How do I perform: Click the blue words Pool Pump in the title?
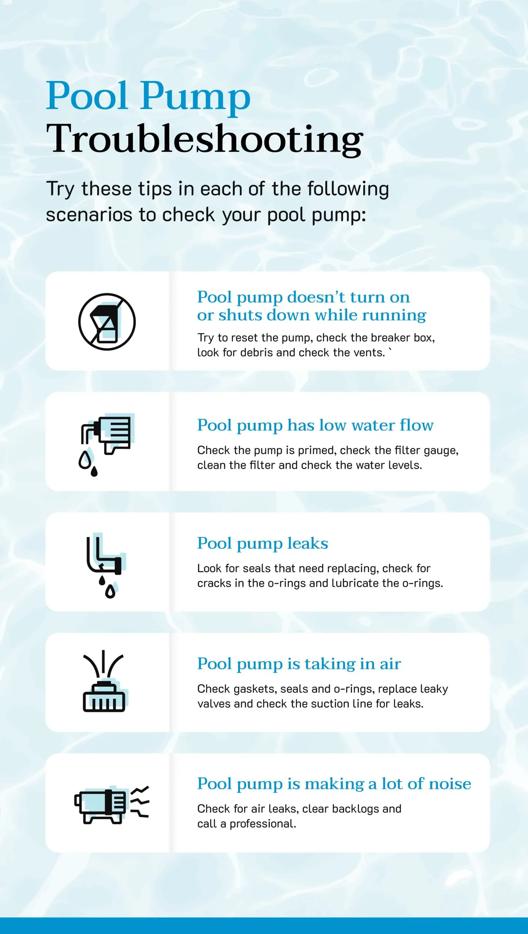tap(148, 96)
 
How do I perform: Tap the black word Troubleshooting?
tap(205, 139)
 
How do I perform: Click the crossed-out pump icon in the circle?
tap(107, 321)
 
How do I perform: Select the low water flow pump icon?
tap(105, 444)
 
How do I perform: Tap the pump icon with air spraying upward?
tap(104, 681)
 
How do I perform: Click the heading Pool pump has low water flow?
tap(315, 425)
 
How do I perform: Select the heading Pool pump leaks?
tap(263, 544)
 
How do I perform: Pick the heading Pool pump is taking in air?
tap(299, 664)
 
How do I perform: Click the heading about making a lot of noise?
tap(334, 784)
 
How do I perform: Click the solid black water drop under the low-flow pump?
tap(94, 471)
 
